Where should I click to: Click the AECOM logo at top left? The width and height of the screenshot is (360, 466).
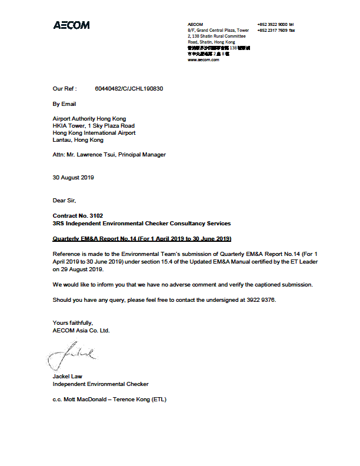click(71, 25)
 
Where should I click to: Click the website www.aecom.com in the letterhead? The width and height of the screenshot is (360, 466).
click(203, 59)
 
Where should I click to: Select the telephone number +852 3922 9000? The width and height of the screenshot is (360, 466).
click(272, 24)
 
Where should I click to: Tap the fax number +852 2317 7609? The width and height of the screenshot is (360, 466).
click(272, 30)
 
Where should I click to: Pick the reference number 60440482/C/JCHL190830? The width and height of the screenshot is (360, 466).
click(129, 89)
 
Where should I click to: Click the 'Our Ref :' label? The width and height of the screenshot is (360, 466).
click(65, 89)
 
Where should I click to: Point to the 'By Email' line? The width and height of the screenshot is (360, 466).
click(64, 104)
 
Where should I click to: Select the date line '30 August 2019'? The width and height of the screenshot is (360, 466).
click(73, 177)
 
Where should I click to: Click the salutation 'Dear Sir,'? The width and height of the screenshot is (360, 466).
click(64, 201)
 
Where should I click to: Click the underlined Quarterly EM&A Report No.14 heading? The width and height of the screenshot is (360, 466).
click(142, 238)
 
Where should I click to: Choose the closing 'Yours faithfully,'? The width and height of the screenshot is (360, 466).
click(72, 322)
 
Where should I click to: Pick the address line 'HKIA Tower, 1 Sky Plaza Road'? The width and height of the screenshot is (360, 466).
click(94, 126)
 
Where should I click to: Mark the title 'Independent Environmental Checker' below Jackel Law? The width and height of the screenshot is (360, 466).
click(101, 384)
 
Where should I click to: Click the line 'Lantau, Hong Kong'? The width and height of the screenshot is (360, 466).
click(78, 140)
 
